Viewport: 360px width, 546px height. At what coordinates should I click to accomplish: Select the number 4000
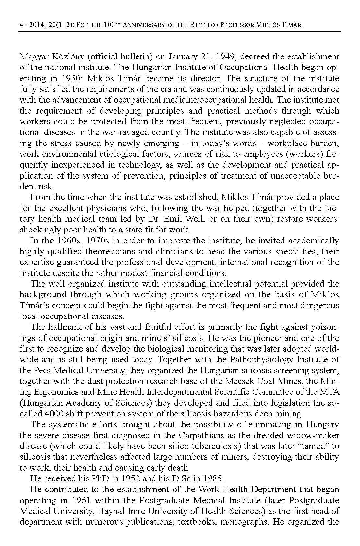(x=54, y=414)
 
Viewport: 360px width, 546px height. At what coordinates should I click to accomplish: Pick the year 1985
(x=212, y=478)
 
